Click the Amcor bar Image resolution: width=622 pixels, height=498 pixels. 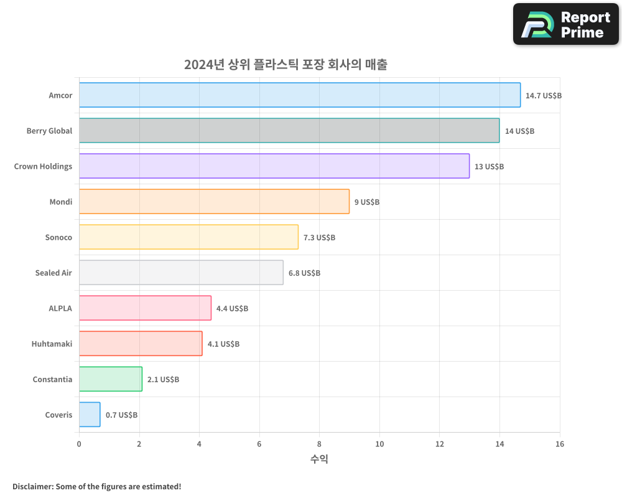click(x=299, y=95)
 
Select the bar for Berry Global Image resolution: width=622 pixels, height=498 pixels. click(x=289, y=131)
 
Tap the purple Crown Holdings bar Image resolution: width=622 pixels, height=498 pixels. click(x=274, y=166)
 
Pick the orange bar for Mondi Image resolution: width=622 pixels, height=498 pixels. click(x=214, y=202)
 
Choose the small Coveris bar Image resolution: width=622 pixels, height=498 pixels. click(x=90, y=415)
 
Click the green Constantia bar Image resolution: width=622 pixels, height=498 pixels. click(x=110, y=379)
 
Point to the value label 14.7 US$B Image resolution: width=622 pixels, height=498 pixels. click(x=543, y=96)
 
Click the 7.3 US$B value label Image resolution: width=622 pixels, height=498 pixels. click(x=319, y=238)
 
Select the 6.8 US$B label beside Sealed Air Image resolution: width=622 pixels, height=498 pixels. click(x=304, y=273)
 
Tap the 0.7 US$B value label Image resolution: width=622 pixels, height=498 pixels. click(x=121, y=415)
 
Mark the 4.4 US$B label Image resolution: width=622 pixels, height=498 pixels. click(x=232, y=309)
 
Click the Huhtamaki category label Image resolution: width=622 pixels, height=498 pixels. click(x=52, y=344)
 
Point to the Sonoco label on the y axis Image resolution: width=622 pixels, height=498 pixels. click(x=58, y=237)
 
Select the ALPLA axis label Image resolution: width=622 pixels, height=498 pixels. click(x=60, y=308)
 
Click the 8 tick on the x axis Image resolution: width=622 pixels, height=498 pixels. click(x=319, y=444)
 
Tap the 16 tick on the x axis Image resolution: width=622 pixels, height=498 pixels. click(x=559, y=444)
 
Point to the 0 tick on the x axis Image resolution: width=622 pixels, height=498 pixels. click(x=79, y=444)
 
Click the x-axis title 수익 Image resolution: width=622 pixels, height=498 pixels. click(x=319, y=459)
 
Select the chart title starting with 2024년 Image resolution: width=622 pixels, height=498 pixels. click(x=285, y=65)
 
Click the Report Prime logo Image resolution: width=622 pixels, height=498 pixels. click(x=565, y=24)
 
